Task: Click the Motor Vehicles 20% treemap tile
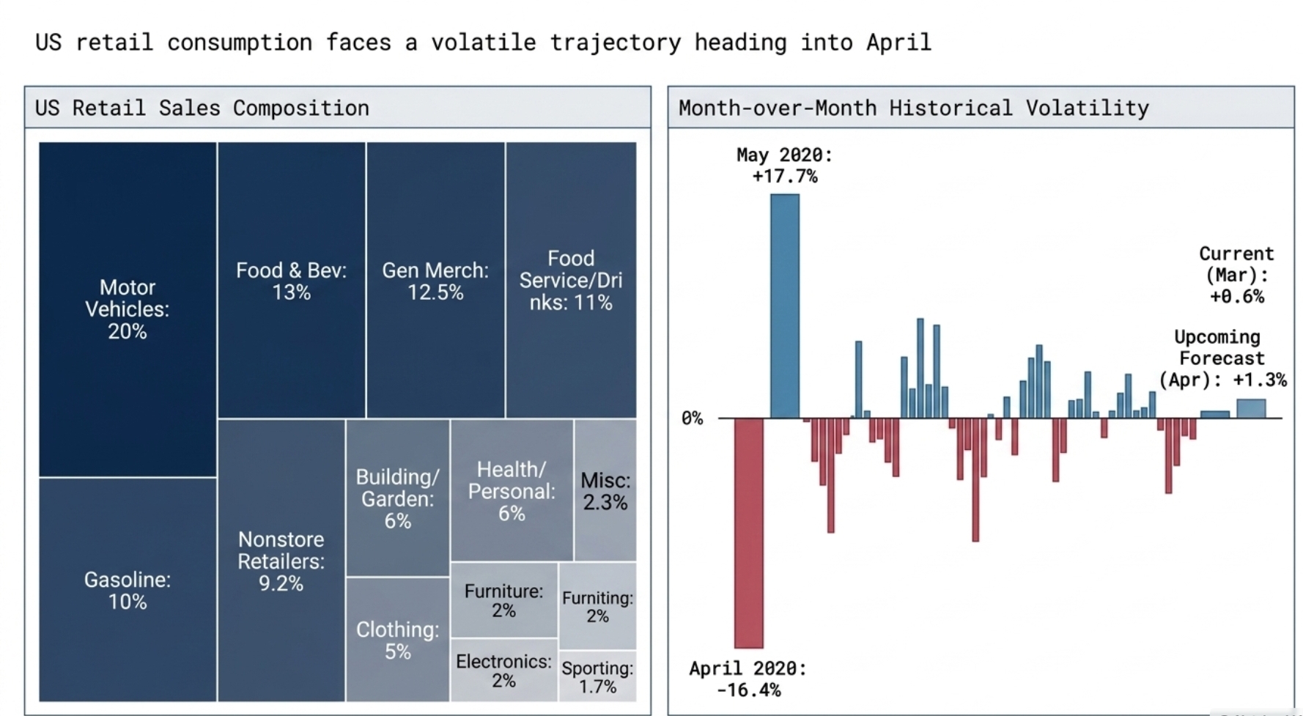[x=128, y=309]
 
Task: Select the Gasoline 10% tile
[x=128, y=590]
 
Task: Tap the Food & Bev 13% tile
[x=291, y=281]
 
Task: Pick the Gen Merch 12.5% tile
[x=435, y=281]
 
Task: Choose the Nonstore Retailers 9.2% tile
[x=281, y=561]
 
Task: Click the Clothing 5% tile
[x=397, y=640]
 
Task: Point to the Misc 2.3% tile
[x=605, y=491]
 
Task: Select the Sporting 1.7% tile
[x=597, y=677]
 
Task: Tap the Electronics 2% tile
[x=503, y=671]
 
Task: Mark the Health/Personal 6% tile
[x=512, y=491]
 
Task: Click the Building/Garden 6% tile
[x=397, y=498]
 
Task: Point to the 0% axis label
[x=692, y=418]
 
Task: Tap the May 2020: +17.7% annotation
[x=785, y=166]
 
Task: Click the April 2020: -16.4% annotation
[x=748, y=679]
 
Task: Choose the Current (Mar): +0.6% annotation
[x=1236, y=275]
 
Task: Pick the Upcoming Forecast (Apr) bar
[x=1251, y=408]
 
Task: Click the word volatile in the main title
[x=483, y=43]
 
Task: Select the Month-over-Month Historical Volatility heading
[x=913, y=108]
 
